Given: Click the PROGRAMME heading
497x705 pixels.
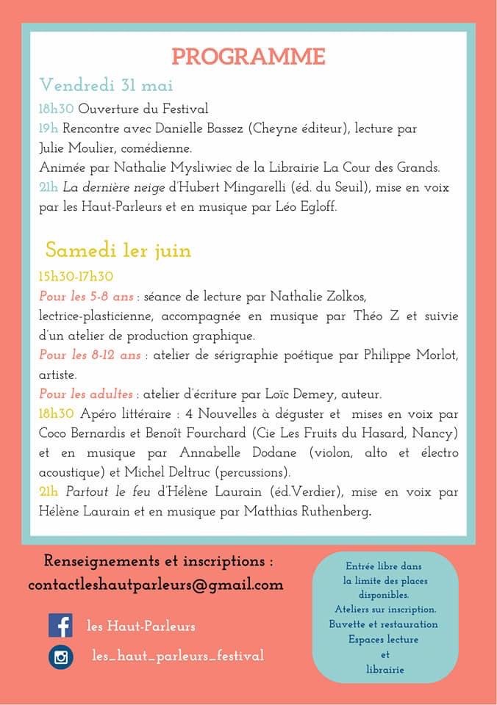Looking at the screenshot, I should pos(248,57).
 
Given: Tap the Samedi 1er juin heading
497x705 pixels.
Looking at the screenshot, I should pos(118,250).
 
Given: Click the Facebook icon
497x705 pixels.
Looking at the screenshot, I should pos(60,626).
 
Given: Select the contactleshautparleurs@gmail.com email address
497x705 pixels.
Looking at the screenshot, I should pos(156,585).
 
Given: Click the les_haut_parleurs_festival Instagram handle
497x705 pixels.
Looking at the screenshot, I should pos(177,655).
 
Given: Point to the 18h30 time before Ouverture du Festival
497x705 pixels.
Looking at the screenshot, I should pos(56,109).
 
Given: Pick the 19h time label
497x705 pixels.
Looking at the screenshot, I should pos(49,129).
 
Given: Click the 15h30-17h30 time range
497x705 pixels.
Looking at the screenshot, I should pos(76,277).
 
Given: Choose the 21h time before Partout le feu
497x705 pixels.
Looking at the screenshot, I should pos(49,491).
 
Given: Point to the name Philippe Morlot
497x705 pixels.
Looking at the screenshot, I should pos(411,355).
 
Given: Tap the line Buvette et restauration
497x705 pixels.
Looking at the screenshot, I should pos(384,624).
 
